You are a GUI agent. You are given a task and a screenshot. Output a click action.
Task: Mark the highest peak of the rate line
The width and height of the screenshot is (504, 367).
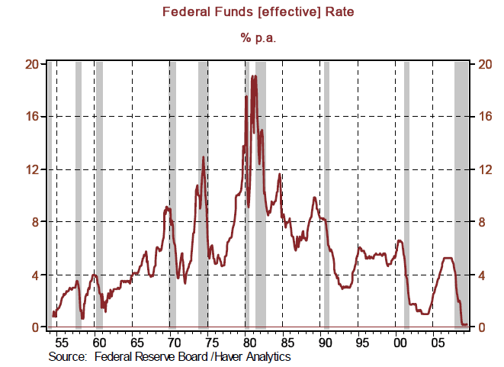coord(253,76)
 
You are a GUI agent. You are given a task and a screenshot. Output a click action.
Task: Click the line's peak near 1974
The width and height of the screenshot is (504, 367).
coord(204,157)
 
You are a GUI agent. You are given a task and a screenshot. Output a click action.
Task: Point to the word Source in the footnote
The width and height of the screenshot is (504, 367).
coord(66,356)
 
